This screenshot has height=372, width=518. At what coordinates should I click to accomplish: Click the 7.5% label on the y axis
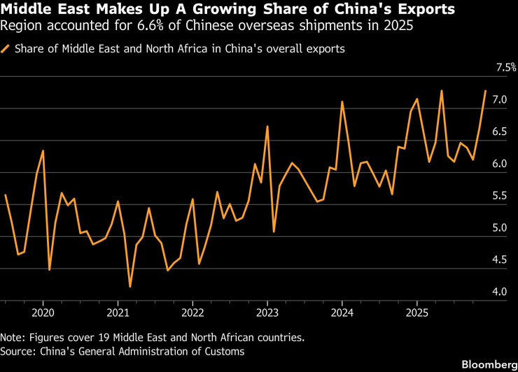506,67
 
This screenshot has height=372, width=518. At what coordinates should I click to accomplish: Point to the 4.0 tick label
499,292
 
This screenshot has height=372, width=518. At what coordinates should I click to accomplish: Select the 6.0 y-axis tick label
499,164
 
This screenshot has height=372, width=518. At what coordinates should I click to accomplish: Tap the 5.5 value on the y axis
499,195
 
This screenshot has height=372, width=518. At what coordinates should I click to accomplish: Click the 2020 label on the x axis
43,313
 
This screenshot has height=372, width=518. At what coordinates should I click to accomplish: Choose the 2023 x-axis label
267,313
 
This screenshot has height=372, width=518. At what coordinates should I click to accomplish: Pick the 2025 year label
417,313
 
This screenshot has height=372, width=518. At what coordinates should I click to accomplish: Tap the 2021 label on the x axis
118,313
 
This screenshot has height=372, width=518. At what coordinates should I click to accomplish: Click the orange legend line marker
5,49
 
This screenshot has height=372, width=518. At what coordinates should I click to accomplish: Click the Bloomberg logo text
489,364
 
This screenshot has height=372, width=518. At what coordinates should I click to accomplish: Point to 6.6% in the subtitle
150,25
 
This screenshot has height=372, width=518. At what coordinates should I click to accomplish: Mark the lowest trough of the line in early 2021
130,287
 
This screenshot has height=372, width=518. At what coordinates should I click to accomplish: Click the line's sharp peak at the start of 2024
342,101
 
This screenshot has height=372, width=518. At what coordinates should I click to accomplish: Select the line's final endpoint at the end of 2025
485,90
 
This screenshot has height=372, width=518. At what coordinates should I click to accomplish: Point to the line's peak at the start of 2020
43,150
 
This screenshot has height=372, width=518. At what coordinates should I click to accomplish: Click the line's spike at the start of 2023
267,126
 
